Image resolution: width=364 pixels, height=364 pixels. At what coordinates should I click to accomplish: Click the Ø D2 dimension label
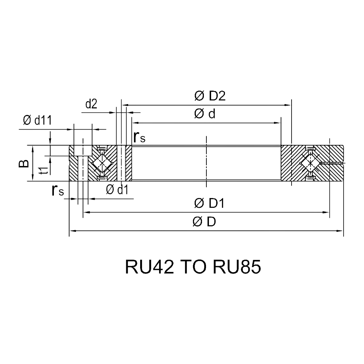click(x=210, y=96)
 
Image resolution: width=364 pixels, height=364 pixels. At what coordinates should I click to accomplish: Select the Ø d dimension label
click(x=205, y=114)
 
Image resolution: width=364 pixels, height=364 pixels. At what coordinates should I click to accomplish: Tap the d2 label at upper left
click(x=91, y=104)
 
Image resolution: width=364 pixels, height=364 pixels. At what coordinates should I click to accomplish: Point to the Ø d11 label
click(x=37, y=120)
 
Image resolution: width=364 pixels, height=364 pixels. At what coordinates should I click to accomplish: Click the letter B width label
click(x=24, y=163)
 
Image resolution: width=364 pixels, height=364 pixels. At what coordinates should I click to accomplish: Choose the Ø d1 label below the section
click(x=117, y=190)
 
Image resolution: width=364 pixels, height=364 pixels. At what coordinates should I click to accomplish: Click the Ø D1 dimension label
click(x=209, y=203)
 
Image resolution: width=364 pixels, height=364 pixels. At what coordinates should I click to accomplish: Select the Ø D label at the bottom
click(x=204, y=222)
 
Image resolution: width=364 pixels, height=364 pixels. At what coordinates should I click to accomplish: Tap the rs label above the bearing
click(x=139, y=137)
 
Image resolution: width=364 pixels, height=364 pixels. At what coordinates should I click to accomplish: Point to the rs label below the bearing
click(x=58, y=190)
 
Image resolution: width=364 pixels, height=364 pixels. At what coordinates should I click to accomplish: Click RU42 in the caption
click(x=150, y=267)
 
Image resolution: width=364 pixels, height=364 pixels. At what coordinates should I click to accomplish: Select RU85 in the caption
click(x=237, y=267)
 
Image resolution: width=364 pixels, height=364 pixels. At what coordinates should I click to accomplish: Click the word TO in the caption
click(x=193, y=267)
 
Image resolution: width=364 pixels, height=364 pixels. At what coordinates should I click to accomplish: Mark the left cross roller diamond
click(x=102, y=163)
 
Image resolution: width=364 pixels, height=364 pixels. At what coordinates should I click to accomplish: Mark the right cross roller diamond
click(x=310, y=163)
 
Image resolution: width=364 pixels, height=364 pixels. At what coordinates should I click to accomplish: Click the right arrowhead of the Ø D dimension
click(x=340, y=231)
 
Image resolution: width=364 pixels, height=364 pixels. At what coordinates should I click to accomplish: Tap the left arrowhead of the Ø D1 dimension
click(x=86, y=212)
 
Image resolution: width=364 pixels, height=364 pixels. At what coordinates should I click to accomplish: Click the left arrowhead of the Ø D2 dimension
click(x=125, y=105)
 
